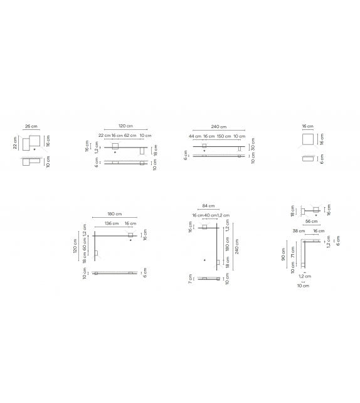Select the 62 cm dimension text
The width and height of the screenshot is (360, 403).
[130, 136]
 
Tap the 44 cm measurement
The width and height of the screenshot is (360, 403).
[195, 136]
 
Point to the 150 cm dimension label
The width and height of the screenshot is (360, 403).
[224, 136]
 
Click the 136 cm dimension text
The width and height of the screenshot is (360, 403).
[111, 223]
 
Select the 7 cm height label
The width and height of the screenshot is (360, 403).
[189, 277]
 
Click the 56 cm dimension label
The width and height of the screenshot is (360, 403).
[310, 222]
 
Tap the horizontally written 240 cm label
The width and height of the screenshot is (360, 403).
[220, 126]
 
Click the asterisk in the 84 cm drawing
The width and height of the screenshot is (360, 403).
[204, 259]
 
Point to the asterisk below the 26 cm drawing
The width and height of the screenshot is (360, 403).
[34, 149]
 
